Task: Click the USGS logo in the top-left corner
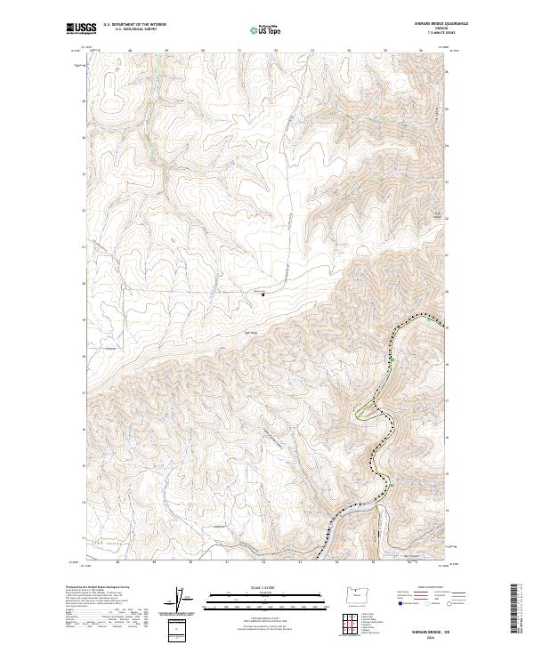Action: pos(81,29)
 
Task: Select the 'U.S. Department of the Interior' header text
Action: pos(134,24)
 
